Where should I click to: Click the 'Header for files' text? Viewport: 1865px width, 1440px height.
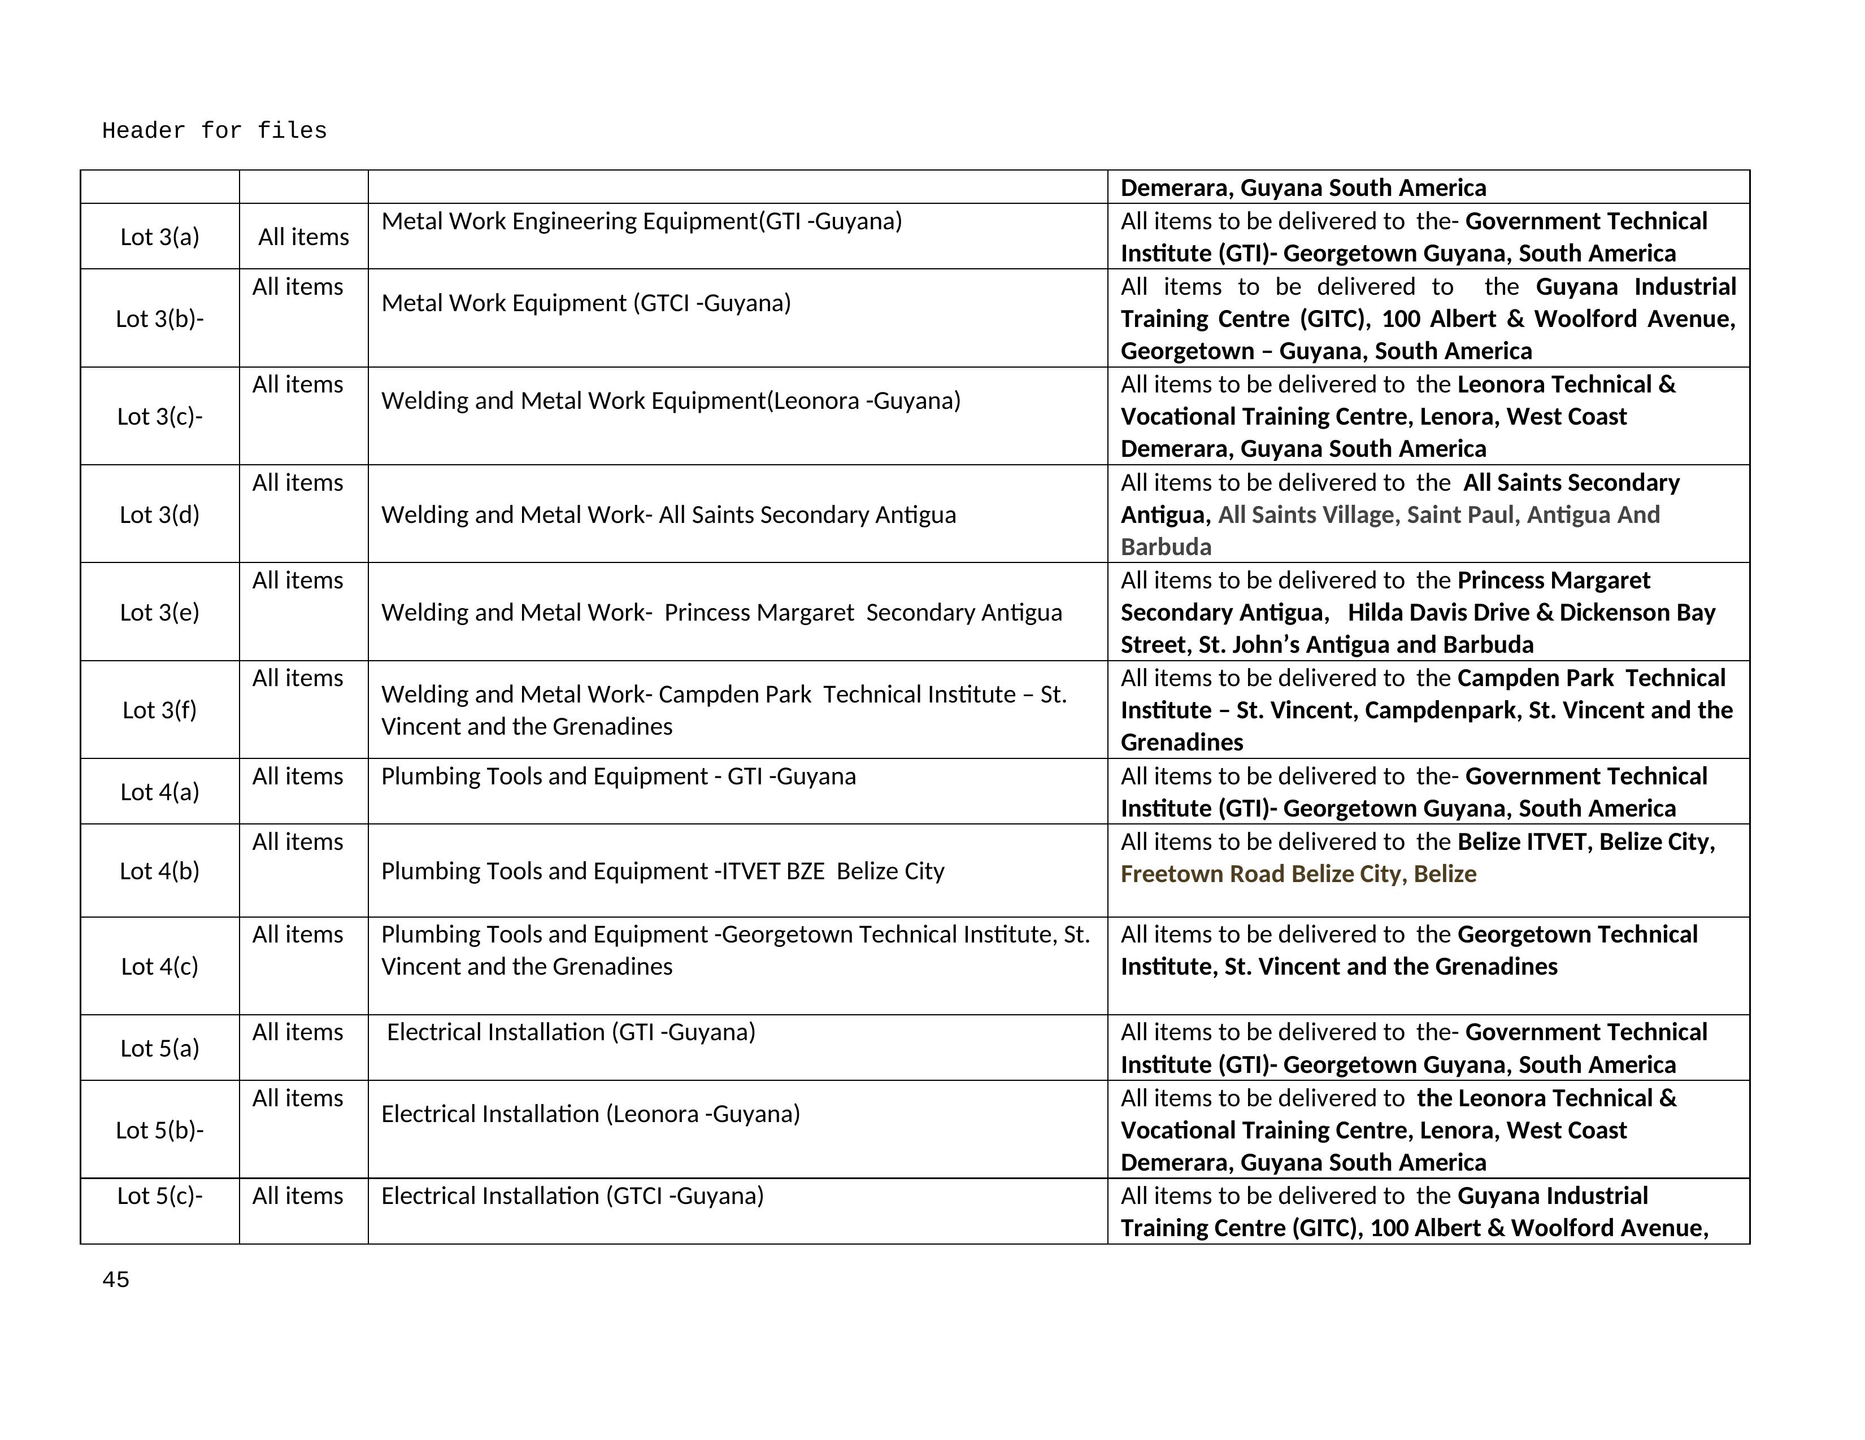[x=214, y=130]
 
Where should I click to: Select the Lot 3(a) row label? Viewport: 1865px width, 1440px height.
[x=160, y=237]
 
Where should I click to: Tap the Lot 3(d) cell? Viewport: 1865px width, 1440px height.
[x=160, y=514]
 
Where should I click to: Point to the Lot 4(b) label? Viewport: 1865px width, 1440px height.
[x=160, y=871]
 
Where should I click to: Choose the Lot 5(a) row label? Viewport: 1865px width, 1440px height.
[x=160, y=1048]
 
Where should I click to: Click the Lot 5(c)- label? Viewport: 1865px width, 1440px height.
[x=160, y=1196]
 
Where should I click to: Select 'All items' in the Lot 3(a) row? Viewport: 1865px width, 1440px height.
[x=303, y=237]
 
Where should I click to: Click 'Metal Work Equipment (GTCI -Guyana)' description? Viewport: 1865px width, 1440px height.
[x=586, y=303]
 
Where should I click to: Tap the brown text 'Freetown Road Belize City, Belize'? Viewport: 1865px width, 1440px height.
[x=1298, y=874]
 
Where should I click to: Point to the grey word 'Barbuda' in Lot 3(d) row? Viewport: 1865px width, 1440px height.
[x=1166, y=547]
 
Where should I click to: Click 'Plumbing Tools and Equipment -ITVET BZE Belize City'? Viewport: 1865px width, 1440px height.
[x=663, y=871]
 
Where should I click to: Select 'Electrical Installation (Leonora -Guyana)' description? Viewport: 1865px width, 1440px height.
[x=590, y=1114]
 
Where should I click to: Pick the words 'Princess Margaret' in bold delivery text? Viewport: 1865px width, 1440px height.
[x=1553, y=581]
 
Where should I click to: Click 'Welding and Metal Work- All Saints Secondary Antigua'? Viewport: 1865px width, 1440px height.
[x=668, y=514]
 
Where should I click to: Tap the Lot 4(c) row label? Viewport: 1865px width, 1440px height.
[x=160, y=966]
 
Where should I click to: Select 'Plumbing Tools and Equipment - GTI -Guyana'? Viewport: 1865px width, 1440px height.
[x=618, y=776]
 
